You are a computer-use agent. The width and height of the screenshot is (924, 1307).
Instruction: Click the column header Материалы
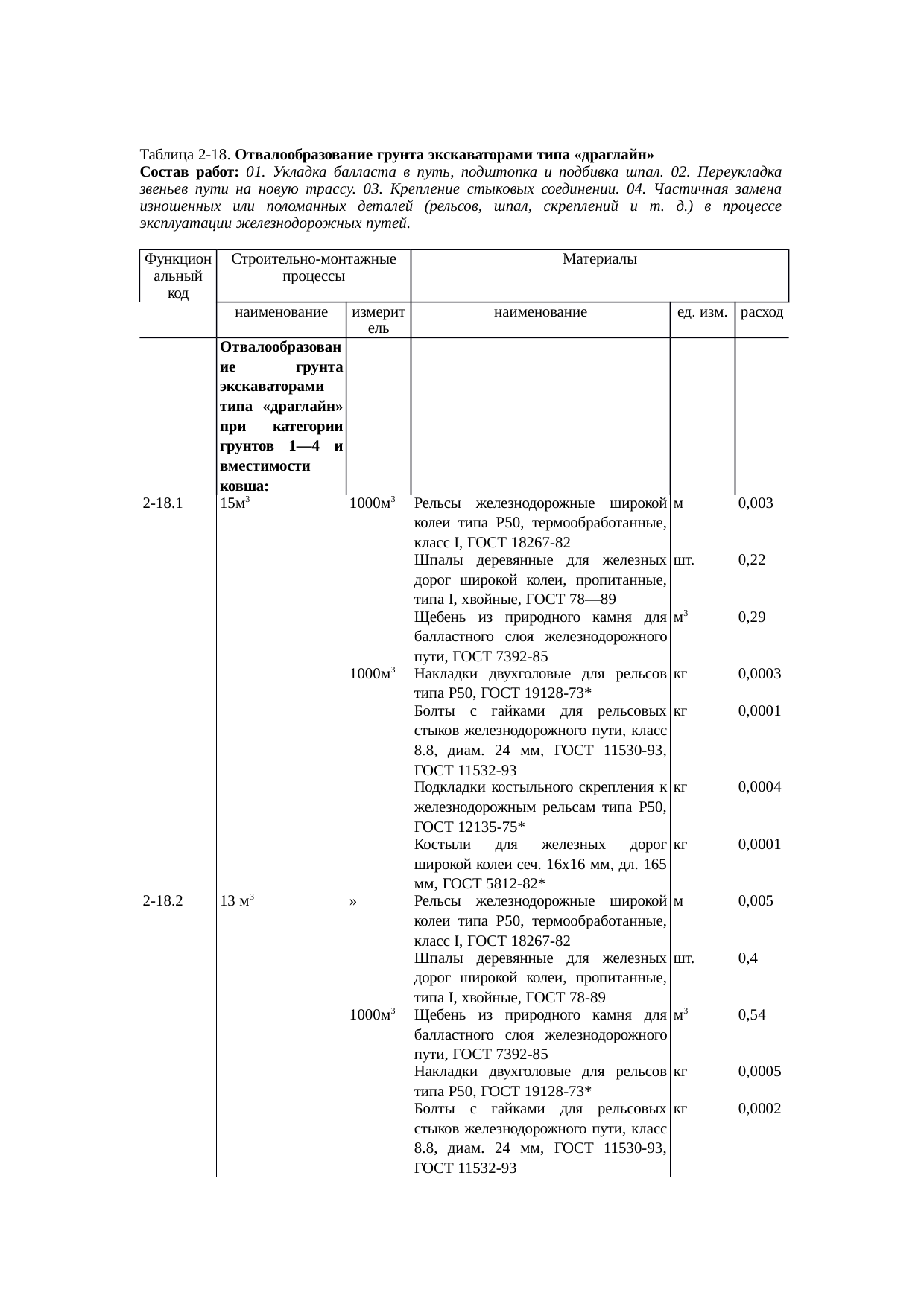coord(599,260)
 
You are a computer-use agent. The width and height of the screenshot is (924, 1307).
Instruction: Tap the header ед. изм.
coord(701,313)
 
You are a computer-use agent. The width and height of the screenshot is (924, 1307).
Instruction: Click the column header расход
coord(761,313)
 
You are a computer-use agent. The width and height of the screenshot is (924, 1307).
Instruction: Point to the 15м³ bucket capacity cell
coord(235,503)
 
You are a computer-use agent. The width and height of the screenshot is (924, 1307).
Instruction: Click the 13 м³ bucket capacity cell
coord(238,901)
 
